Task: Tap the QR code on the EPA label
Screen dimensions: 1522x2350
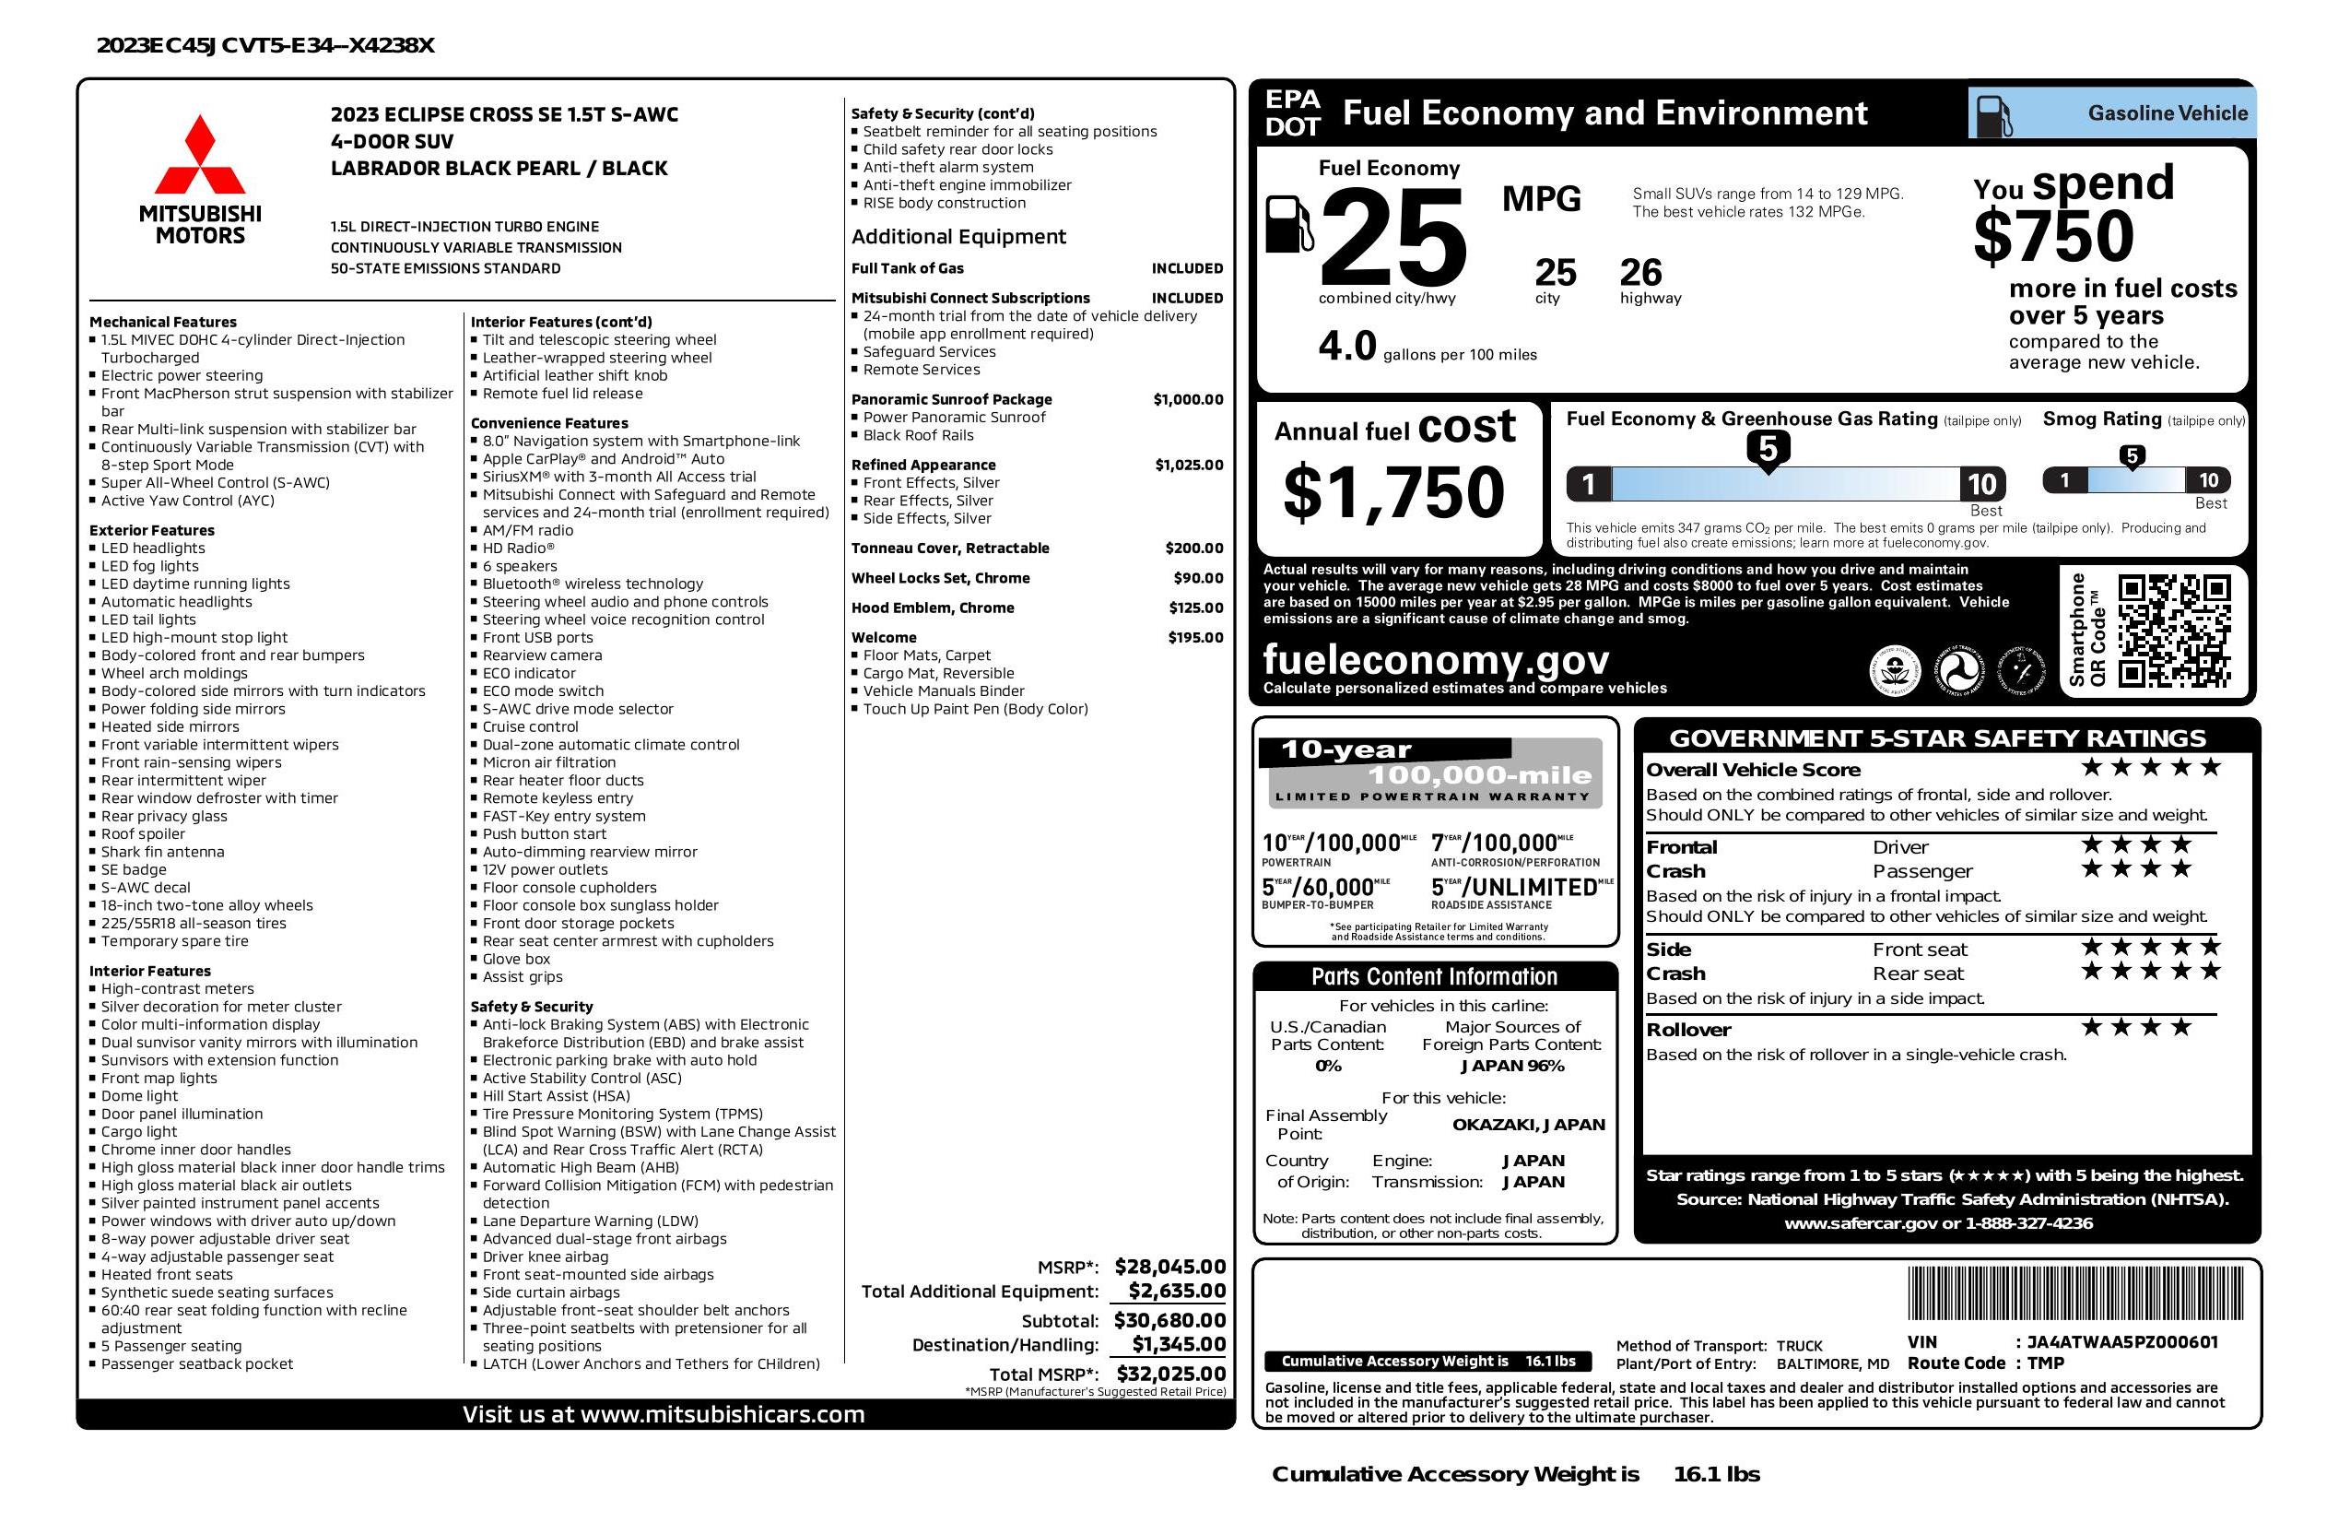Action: tap(2173, 631)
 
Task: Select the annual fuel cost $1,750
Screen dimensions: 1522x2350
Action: tap(1393, 492)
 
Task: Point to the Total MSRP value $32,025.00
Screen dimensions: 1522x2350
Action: tap(1171, 1373)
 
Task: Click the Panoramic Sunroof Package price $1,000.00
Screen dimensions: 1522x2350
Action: tap(1188, 399)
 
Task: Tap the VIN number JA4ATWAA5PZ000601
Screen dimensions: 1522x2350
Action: tap(2121, 1341)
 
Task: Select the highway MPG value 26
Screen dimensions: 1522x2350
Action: tap(1641, 272)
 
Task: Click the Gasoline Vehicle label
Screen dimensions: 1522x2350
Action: tap(2168, 112)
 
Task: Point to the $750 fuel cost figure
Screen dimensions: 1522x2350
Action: tap(2054, 237)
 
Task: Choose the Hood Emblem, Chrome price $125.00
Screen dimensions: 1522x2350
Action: tap(1196, 608)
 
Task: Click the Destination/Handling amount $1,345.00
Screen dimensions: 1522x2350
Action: tap(1178, 1344)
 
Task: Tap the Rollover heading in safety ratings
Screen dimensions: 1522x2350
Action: tap(1688, 1029)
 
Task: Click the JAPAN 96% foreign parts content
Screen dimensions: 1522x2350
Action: tap(1512, 1066)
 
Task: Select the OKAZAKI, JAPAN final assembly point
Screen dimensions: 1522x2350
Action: tap(1529, 1124)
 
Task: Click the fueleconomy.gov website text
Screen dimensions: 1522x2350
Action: tap(1436, 659)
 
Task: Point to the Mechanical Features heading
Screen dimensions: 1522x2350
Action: tap(163, 322)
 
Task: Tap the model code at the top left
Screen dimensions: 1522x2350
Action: tap(265, 45)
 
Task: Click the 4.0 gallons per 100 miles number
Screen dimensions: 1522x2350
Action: tap(1346, 346)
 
